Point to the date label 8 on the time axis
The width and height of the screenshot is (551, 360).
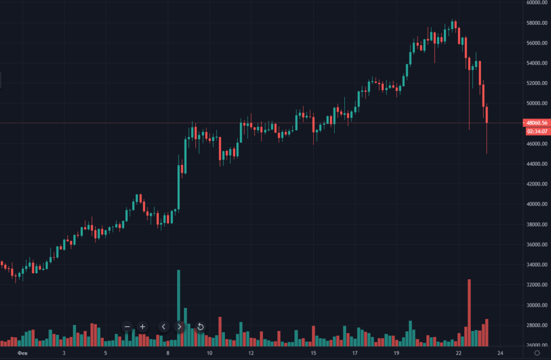click(168, 353)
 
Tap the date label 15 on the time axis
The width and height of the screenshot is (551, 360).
click(313, 353)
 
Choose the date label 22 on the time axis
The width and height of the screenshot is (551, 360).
click(458, 353)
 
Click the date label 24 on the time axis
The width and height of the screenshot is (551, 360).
click(500, 353)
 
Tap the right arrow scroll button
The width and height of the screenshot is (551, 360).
click(180, 327)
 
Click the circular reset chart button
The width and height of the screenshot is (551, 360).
click(200, 327)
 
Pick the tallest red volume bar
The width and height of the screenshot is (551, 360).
click(469, 312)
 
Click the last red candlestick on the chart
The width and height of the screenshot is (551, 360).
click(487, 114)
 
